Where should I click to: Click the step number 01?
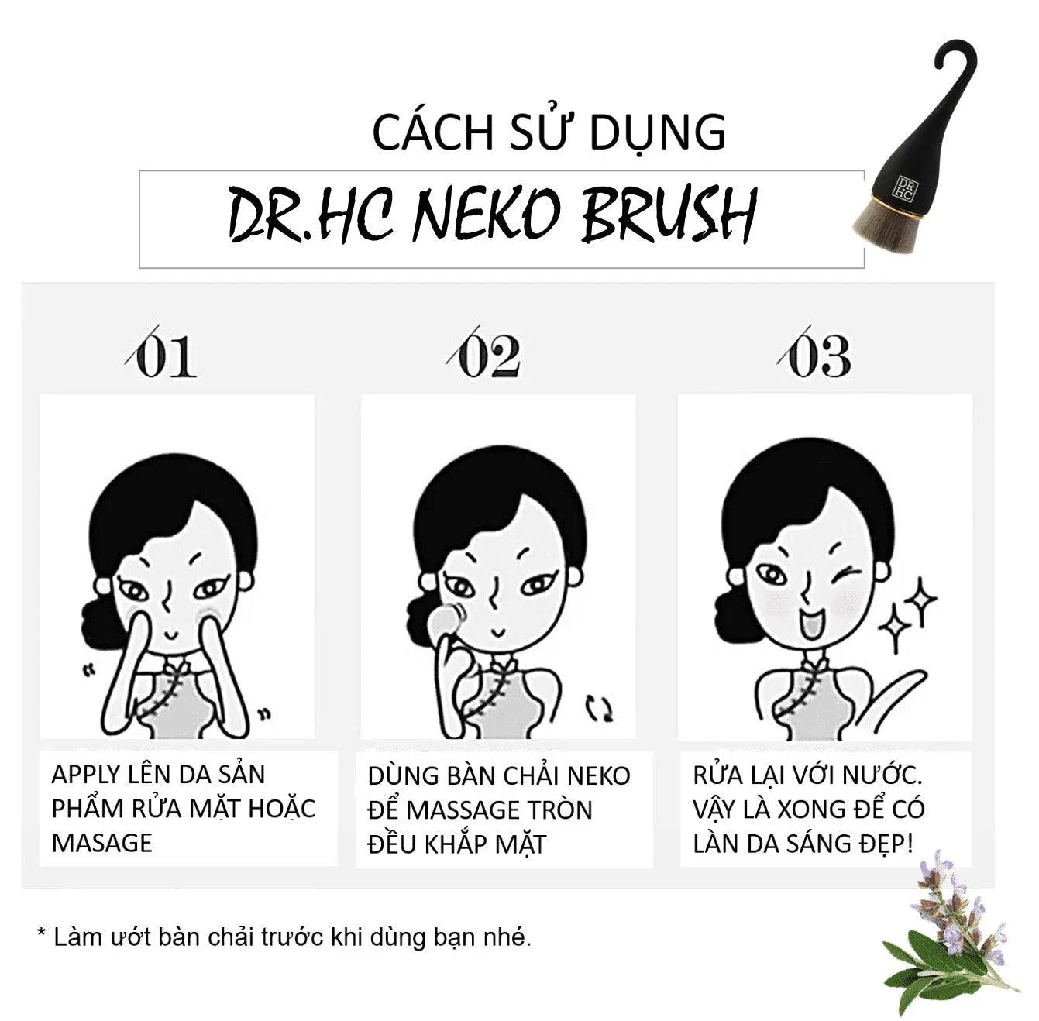162,354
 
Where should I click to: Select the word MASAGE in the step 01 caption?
102,843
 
